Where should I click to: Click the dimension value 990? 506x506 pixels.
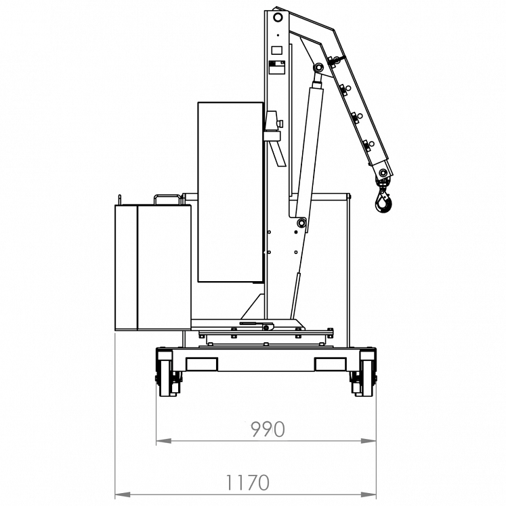268,429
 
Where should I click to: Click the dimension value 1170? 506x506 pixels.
247,482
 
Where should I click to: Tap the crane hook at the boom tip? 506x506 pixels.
383,201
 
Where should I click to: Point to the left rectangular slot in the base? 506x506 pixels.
201,364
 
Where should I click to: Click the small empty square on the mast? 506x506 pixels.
276,49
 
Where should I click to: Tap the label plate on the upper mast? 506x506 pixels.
276,67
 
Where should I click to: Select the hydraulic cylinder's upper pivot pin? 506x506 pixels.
318,68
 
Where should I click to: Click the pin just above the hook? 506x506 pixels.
383,174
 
